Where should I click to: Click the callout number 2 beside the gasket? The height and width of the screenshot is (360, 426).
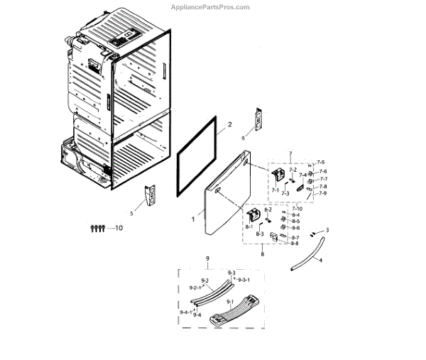coord(229,125)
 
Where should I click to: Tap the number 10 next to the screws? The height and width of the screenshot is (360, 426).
coord(118,228)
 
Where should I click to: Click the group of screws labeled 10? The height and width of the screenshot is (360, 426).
coord(97,228)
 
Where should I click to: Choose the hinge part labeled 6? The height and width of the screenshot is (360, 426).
coord(258,120)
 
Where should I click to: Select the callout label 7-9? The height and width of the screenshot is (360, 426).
coord(322,193)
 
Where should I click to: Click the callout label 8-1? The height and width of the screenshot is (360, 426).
coord(249,227)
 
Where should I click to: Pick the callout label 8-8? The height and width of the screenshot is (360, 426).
coord(295,243)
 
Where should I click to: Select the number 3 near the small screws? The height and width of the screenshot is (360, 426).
coord(327,230)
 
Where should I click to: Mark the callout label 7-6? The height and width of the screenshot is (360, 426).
coord(322,171)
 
